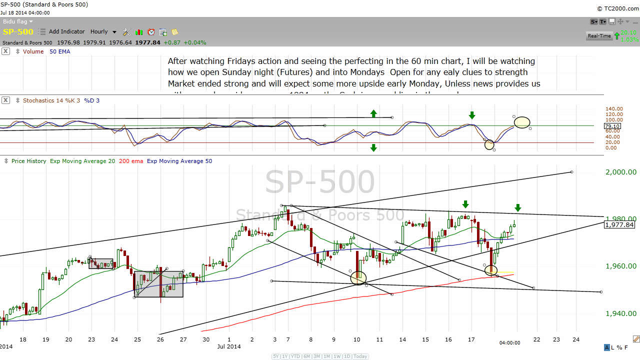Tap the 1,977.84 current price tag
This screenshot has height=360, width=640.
619,225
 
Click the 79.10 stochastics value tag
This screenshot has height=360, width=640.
612,126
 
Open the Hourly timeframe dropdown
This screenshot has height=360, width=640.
103,32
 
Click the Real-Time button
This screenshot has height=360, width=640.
599,36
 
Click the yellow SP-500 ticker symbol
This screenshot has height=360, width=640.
18,32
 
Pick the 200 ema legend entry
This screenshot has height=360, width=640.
130,161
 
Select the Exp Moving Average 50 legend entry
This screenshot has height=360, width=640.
179,161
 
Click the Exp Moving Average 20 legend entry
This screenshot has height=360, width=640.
82,161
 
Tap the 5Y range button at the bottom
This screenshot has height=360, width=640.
276,356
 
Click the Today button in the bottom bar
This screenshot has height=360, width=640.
360,356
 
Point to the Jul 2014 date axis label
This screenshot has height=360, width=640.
229,346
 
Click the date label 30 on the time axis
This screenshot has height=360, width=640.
206,339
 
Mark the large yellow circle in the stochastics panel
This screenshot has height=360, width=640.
522,122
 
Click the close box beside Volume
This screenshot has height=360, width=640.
5,51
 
